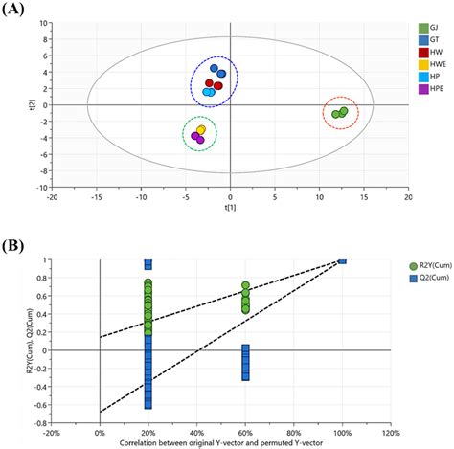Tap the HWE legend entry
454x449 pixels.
(x=422, y=78)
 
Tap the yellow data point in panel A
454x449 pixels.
(x=201, y=130)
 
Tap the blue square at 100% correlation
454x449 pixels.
(x=342, y=259)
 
